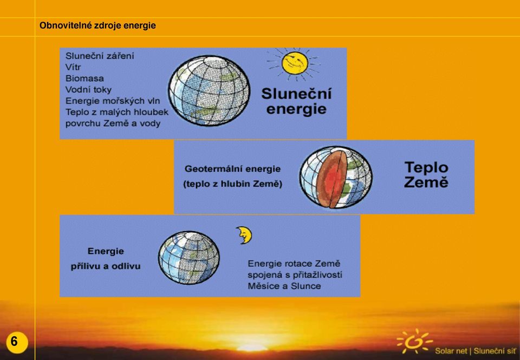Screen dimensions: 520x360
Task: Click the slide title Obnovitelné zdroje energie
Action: point(97,25)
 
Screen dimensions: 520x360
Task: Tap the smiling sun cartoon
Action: point(294,64)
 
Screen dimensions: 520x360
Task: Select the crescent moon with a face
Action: point(244,235)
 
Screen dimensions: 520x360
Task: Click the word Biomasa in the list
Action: point(84,78)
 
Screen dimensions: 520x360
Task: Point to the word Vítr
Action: point(73,67)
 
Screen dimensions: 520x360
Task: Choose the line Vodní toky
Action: point(88,90)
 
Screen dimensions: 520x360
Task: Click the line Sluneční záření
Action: point(100,56)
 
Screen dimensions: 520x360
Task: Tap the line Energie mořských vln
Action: point(113,101)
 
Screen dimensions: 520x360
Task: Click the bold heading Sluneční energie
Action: point(296,101)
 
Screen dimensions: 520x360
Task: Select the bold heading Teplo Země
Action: point(426,175)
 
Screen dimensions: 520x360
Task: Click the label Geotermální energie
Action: point(232,169)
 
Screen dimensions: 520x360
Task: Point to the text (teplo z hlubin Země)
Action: point(232,184)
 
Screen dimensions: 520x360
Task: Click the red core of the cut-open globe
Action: point(335,179)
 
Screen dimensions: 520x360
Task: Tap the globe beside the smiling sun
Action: point(209,90)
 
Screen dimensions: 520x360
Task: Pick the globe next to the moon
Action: point(188,258)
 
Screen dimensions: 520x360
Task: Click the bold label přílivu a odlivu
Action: point(106,266)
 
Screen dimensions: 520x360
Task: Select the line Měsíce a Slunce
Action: point(284,286)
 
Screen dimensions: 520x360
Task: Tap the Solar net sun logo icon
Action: point(414,342)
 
